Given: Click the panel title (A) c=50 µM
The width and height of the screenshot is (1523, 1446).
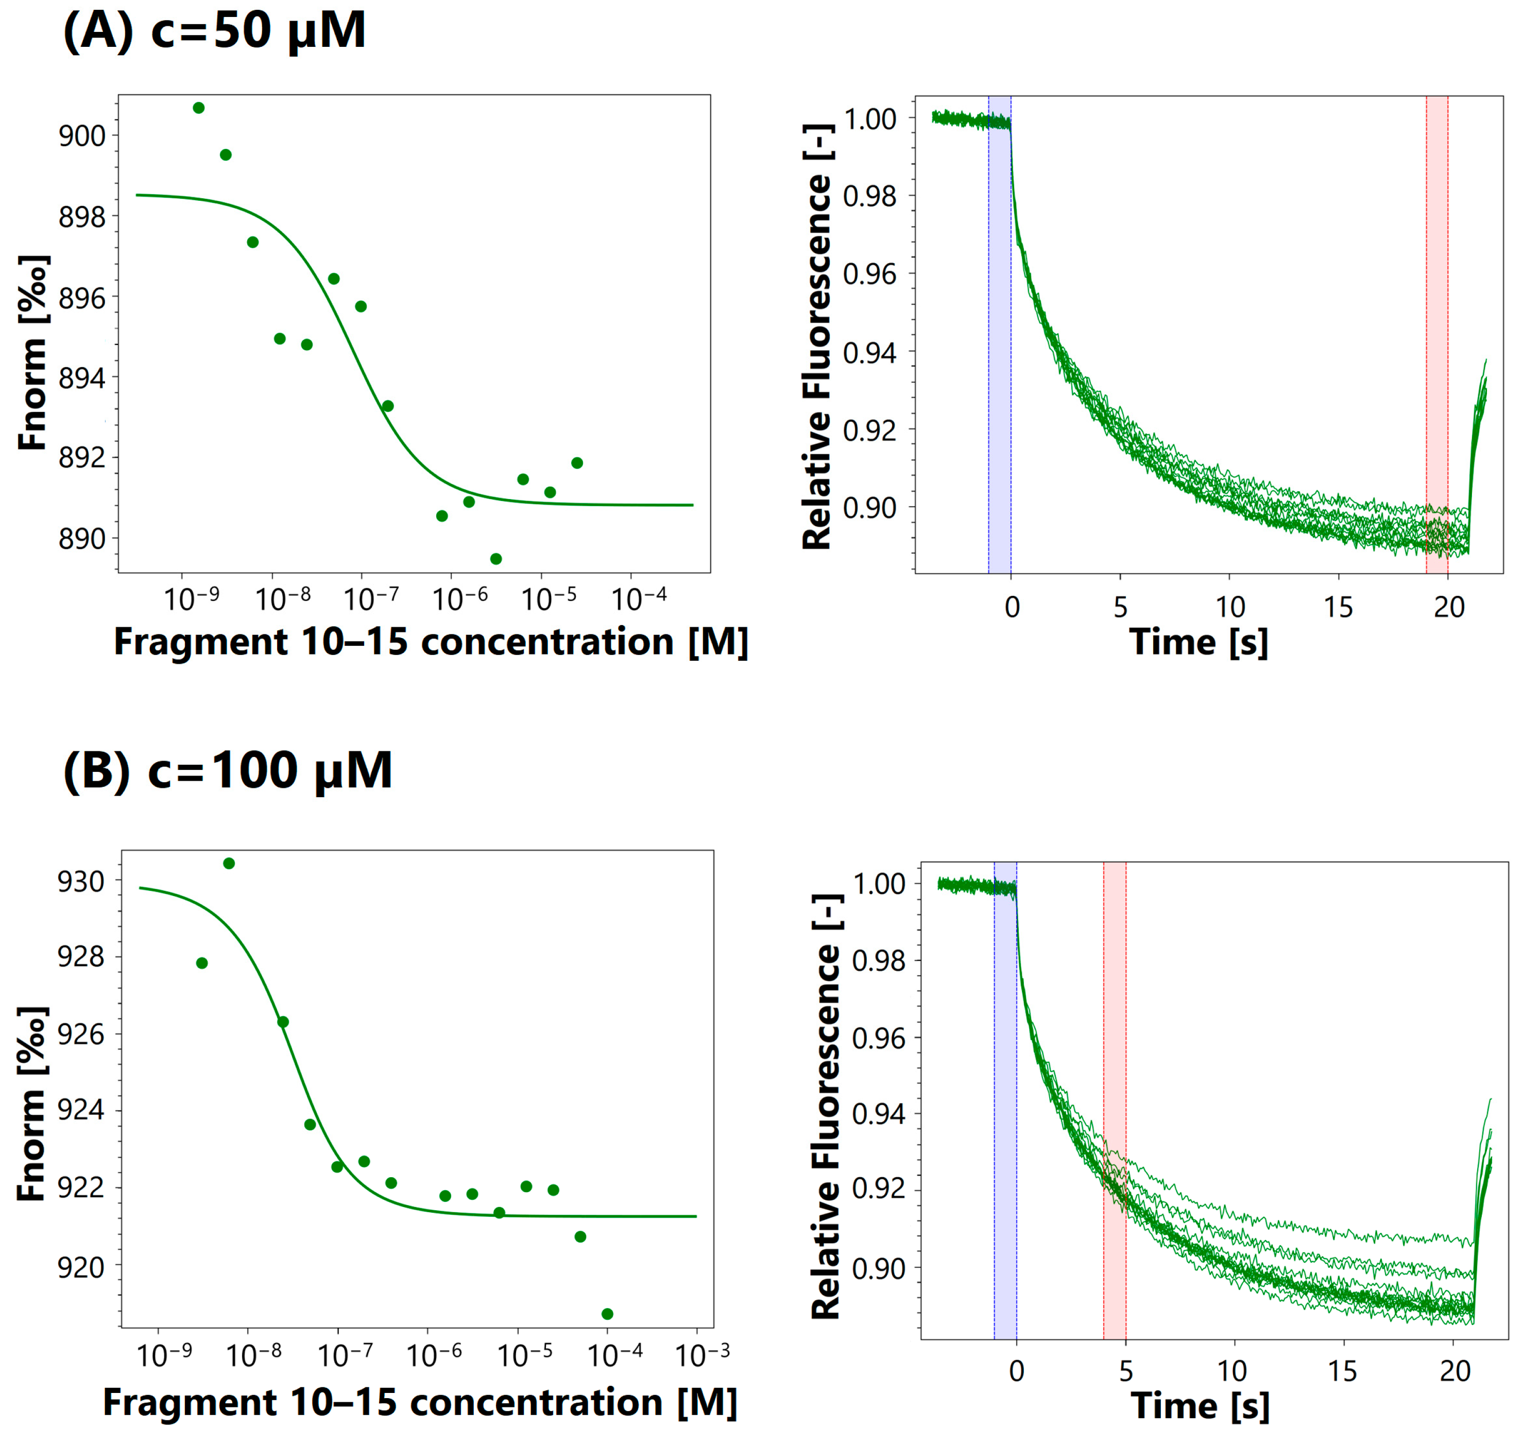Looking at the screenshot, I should click(214, 32).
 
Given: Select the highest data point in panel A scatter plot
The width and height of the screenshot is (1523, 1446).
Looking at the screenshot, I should click(199, 108).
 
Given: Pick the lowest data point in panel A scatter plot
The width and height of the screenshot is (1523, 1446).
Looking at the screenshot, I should click(495, 559).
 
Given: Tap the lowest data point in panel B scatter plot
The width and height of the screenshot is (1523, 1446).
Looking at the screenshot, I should click(607, 1314).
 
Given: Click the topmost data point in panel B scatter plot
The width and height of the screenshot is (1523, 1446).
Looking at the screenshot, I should click(229, 863).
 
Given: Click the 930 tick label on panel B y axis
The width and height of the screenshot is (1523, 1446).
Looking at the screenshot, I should click(81, 882).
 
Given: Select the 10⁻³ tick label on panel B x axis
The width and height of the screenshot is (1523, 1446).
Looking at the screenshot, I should click(701, 1355).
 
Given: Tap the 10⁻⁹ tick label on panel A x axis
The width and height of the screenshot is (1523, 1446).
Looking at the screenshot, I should click(191, 599).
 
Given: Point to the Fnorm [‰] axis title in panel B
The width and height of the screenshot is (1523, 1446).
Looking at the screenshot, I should click(32, 1104).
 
